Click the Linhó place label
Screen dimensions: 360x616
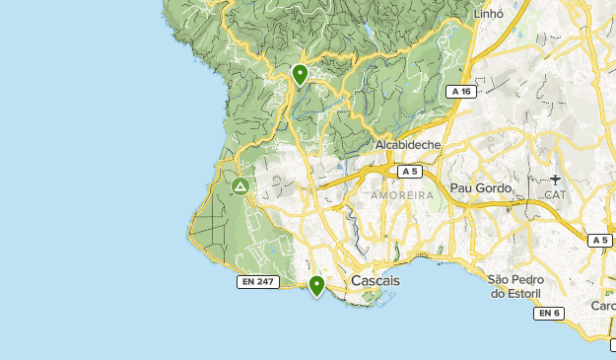[488, 14]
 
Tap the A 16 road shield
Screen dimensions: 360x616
[458, 91]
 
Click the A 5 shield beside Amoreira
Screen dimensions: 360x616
[410, 172]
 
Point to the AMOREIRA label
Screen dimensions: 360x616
[402, 195]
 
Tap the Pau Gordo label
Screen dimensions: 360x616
[480, 187]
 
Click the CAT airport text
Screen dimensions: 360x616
[556, 194]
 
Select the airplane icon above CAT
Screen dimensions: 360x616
[556, 180]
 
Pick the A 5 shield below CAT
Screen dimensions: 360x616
[600, 240]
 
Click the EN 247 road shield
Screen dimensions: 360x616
[257, 282]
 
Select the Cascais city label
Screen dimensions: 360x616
[376, 281]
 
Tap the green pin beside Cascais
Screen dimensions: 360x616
[316, 286]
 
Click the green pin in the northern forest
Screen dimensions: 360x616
[301, 74]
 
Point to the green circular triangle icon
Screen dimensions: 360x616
[239, 185]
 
